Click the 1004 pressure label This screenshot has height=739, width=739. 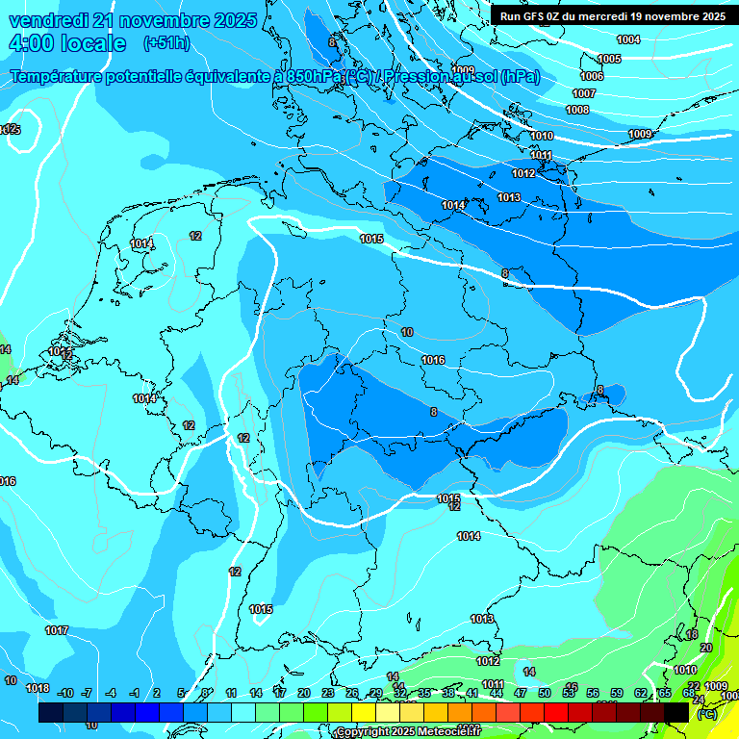[x=628, y=39]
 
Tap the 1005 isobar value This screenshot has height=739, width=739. [x=609, y=59]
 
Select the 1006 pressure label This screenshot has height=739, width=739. [x=592, y=76]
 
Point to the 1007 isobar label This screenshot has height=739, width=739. [x=584, y=93]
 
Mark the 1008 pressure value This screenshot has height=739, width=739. [x=577, y=110]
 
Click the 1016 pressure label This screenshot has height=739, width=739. [x=433, y=360]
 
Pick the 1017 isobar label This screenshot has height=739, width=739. [x=56, y=630]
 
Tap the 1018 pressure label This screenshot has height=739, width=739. [x=37, y=688]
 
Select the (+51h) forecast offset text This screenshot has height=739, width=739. [x=166, y=43]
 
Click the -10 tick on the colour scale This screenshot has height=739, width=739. [x=65, y=693]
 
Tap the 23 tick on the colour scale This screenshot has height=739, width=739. [x=328, y=693]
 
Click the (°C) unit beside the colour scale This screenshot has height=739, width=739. [x=705, y=714]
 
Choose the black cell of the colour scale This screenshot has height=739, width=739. [x=676, y=712]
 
